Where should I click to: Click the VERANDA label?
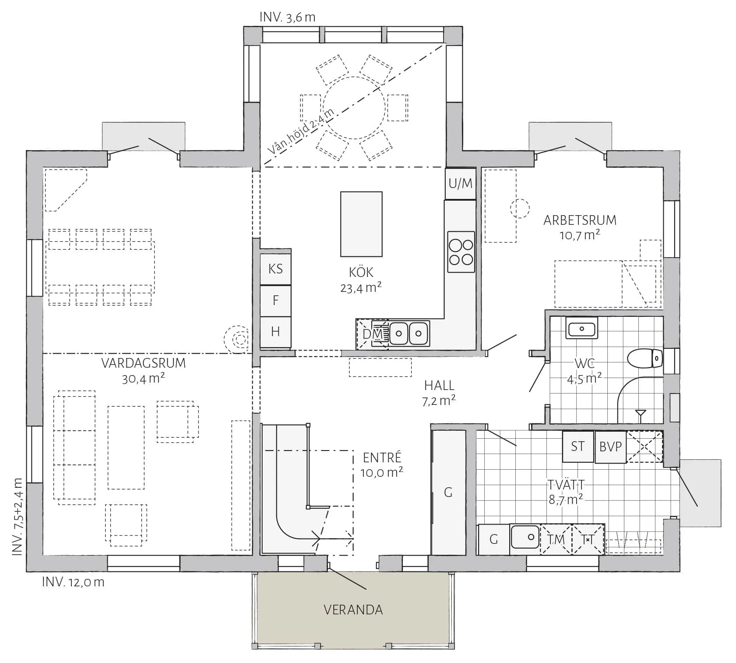pyautogui.click(x=353, y=610)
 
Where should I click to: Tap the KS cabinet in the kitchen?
pyautogui.click(x=275, y=269)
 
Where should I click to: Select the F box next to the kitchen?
pyautogui.click(x=275, y=301)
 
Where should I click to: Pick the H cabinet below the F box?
pyautogui.click(x=275, y=332)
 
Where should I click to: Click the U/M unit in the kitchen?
pyautogui.click(x=461, y=183)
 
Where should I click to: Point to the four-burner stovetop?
pyautogui.click(x=461, y=252)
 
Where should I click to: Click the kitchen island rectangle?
pyautogui.click(x=361, y=224)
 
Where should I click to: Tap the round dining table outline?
pyautogui.click(x=354, y=108)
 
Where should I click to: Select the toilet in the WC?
pyautogui.click(x=645, y=358)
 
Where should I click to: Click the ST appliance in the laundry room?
pyautogui.click(x=578, y=447)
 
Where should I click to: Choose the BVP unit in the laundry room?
pyautogui.click(x=610, y=447)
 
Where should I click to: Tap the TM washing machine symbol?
pyautogui.click(x=556, y=539)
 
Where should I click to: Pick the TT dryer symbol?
pyautogui.click(x=588, y=539)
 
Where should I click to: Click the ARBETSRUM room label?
pyautogui.click(x=580, y=220)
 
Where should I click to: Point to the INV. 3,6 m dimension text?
pyautogui.click(x=287, y=17)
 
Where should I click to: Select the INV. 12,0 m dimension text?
pyautogui.click(x=73, y=582)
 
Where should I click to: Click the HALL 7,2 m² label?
pyautogui.click(x=439, y=393)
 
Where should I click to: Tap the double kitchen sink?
pyautogui.click(x=408, y=333)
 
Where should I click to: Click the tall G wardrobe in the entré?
pyautogui.click(x=448, y=493)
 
